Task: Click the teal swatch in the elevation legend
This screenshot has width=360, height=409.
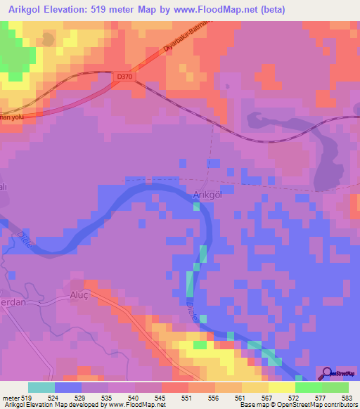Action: click(x=41, y=387)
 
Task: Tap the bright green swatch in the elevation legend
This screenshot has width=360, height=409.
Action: click(x=335, y=387)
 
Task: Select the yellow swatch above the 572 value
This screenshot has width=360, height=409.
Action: click(x=281, y=387)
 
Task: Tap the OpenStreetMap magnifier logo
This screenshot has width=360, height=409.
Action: click(x=328, y=372)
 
